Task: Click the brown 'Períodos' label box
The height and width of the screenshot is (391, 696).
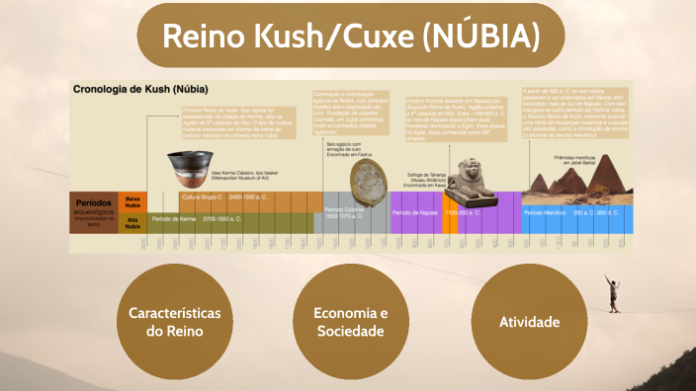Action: pyautogui.click(x=95, y=212)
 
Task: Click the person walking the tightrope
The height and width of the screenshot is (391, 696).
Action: pyautogui.click(x=615, y=292)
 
